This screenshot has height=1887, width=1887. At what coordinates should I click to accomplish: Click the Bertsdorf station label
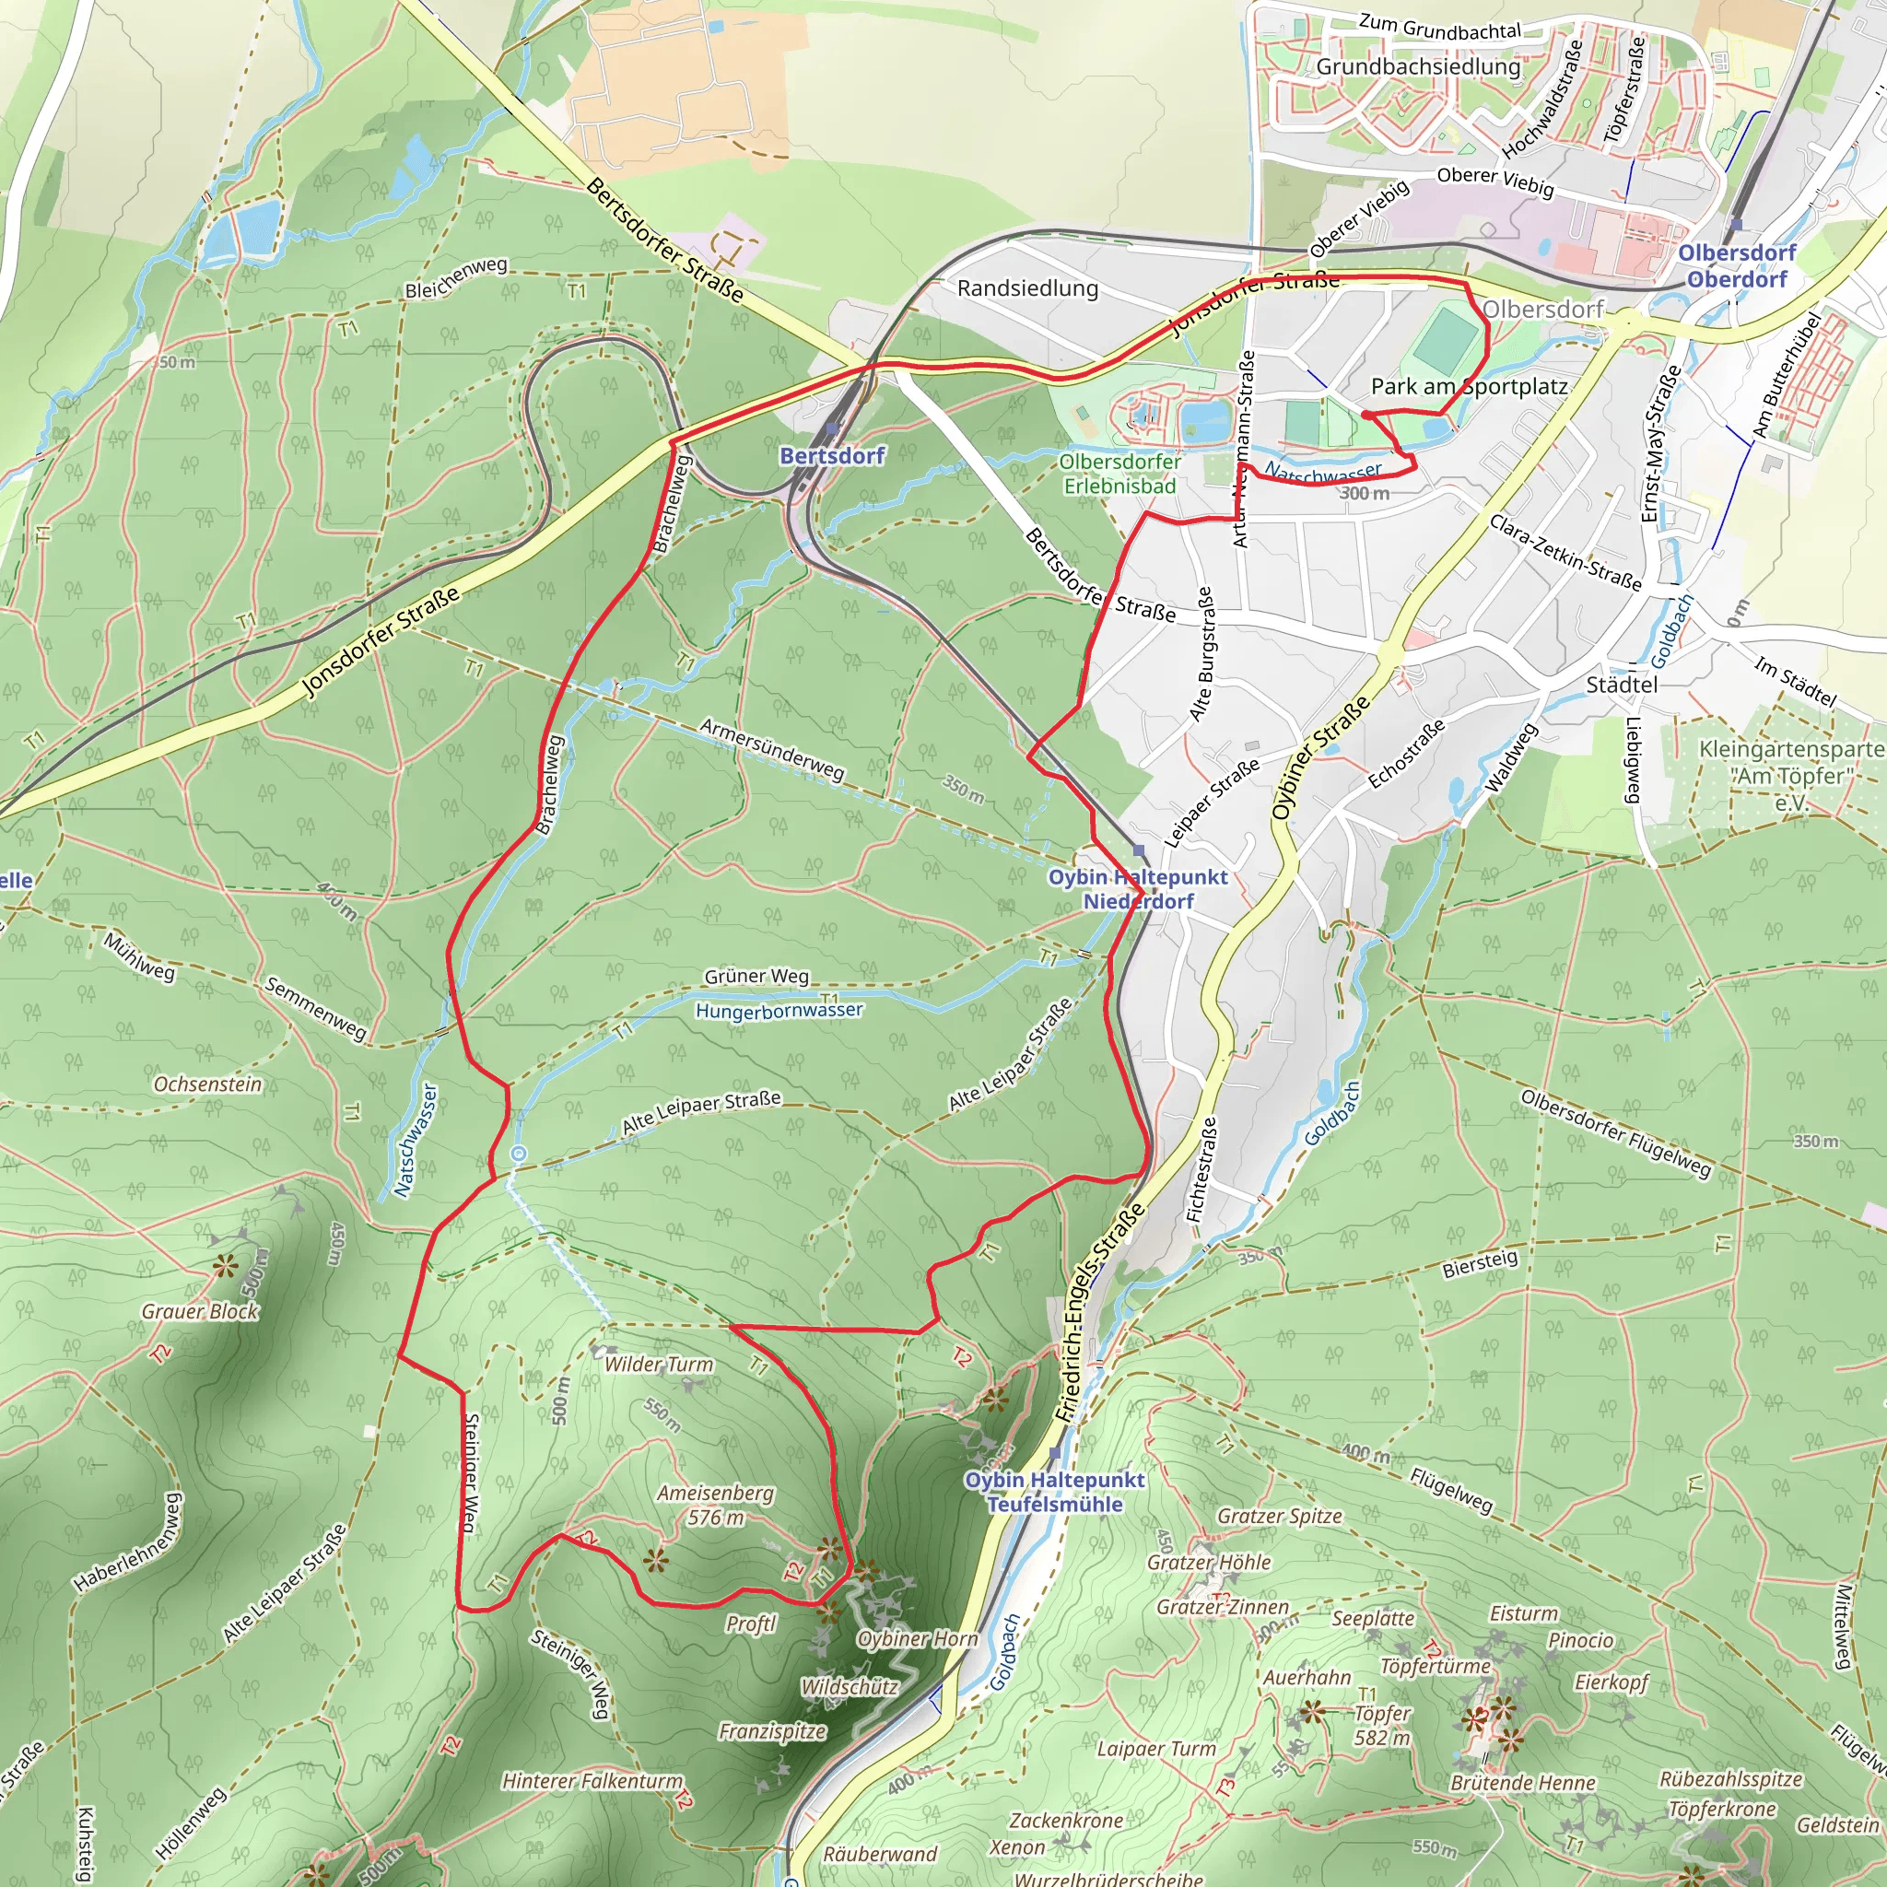(x=832, y=455)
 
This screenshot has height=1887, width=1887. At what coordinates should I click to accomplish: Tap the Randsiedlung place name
(x=1027, y=288)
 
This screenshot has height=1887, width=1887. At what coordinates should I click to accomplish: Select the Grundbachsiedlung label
(x=1418, y=66)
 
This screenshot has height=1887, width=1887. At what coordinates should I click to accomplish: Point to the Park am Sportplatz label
(x=1468, y=386)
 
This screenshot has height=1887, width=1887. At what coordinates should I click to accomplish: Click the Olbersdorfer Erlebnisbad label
(x=1120, y=473)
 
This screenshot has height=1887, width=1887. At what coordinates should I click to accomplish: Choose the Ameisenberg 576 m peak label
(x=715, y=1506)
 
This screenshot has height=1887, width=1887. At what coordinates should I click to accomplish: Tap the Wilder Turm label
(x=660, y=1365)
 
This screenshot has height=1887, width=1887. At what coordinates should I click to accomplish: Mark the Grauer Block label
(x=200, y=1311)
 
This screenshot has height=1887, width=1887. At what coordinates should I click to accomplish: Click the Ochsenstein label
(x=208, y=1084)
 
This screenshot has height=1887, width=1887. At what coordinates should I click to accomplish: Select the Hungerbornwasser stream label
(x=779, y=1010)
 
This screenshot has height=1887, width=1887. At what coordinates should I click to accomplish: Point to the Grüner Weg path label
(x=757, y=976)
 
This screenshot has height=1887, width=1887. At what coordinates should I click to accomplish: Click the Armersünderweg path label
(x=771, y=749)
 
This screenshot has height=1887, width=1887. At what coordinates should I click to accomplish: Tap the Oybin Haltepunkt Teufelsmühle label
(x=1055, y=1492)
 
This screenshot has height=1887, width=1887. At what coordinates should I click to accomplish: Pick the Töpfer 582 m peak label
(x=1382, y=1726)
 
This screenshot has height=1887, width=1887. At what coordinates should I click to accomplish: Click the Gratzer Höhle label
(x=1209, y=1562)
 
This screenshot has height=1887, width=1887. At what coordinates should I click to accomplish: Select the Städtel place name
(x=1622, y=685)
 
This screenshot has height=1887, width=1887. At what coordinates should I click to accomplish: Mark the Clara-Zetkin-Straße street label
(x=1565, y=552)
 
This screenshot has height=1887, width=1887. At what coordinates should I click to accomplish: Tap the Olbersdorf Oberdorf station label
(x=1737, y=265)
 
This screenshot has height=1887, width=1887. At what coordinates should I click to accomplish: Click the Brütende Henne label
(x=1523, y=1783)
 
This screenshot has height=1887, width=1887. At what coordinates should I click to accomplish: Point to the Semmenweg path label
(x=315, y=1008)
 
